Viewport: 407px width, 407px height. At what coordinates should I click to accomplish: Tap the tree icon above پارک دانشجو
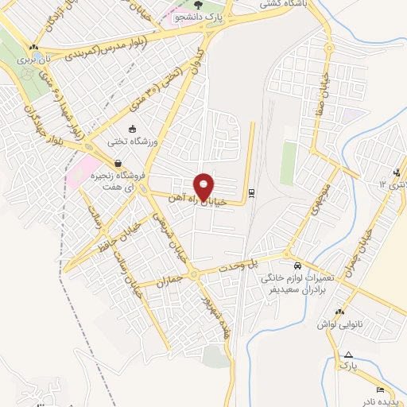[198, 6]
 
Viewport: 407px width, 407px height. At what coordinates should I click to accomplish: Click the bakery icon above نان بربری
[32, 48]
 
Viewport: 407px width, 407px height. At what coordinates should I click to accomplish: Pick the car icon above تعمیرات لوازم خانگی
[297, 265]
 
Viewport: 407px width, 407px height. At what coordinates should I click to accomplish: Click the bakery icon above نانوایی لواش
[340, 312]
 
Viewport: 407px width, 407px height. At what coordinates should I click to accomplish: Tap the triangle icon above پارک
[348, 354]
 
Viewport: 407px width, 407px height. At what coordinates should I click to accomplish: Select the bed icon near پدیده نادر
[379, 389]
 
